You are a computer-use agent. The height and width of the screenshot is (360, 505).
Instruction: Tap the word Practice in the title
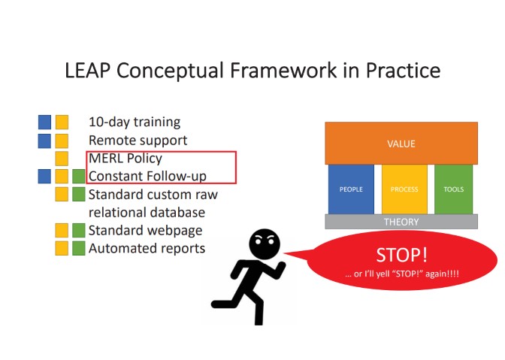pos(403,71)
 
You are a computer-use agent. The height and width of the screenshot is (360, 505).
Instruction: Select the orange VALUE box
pos(401,144)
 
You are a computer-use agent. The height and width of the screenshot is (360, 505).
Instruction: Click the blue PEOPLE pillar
pos(351,189)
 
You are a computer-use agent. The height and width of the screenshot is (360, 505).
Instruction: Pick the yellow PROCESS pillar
pos(404,189)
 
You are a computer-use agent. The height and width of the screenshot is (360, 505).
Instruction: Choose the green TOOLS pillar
pos(454,189)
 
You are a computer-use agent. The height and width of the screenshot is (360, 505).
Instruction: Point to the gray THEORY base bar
pos(401,222)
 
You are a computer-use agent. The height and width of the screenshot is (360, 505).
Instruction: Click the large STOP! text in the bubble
pos(401,254)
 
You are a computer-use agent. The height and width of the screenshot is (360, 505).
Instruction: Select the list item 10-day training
pos(135,122)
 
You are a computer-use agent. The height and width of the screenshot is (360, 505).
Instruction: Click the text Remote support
pos(138,140)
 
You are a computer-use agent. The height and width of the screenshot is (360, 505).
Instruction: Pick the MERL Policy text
pos(125,159)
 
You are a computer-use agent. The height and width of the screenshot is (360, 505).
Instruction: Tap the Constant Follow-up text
pos(147,177)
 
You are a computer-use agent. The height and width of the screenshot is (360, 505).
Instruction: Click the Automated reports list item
pos(147,248)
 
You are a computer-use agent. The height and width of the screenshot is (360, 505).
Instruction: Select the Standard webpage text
pos(145,230)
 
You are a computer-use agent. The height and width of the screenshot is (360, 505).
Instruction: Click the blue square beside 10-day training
pos(45,122)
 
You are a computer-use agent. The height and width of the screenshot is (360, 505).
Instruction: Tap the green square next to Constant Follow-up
pos(79,177)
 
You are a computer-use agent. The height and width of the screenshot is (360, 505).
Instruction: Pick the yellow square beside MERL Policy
pos(62,159)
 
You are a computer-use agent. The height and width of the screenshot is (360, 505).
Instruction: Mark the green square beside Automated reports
pos(79,248)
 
